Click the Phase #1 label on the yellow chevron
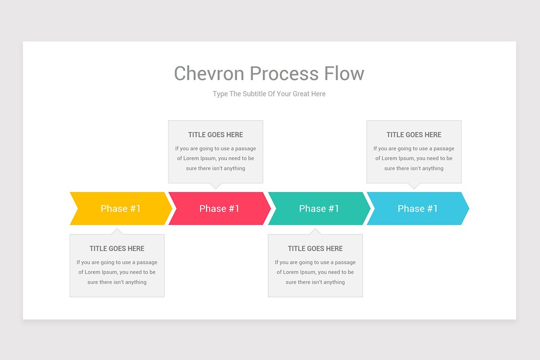(x=121, y=208)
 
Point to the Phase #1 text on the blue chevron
(x=418, y=208)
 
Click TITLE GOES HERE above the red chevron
(x=216, y=135)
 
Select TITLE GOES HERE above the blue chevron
(x=414, y=135)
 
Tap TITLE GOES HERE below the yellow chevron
(x=117, y=248)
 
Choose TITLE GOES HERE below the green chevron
(x=315, y=248)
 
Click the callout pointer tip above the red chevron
(x=216, y=188)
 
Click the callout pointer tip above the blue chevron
(x=414, y=188)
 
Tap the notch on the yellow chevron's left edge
(x=78, y=208)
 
